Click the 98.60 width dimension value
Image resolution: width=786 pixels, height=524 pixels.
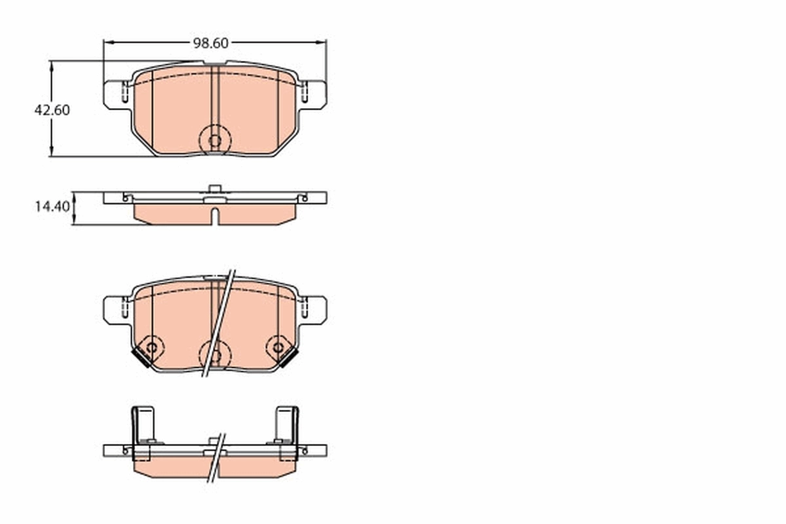tap(210, 43)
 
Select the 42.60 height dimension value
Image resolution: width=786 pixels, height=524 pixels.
tap(52, 110)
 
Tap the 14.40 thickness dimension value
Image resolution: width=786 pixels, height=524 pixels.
tap(52, 207)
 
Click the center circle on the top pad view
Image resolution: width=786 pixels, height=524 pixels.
tap(214, 140)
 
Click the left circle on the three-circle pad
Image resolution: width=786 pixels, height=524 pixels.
tap(151, 347)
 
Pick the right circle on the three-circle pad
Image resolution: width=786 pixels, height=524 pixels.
tap(278, 347)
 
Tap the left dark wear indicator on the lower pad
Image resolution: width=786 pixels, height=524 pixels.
tap(140, 358)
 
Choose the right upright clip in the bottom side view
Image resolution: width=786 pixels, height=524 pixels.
tap(287, 424)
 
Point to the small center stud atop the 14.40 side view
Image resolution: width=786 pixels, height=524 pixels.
tap(214, 189)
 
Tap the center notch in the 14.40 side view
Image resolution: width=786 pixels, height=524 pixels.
tap(214, 215)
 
